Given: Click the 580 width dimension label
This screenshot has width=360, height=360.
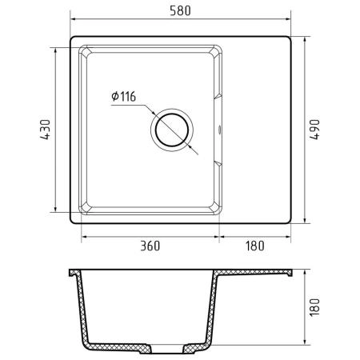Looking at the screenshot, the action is pos(180,10).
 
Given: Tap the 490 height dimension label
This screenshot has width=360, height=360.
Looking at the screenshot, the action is pos(314,130).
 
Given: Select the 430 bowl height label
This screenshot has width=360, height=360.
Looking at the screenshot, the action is pos(45,130).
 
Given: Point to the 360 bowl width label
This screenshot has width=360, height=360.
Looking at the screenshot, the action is pos(150,246).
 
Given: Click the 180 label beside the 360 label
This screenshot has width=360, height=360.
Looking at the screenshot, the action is pos(255,246).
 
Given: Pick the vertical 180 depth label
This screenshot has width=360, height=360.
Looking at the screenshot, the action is pos(314,307).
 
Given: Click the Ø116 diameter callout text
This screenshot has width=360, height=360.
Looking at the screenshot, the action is pos(123,96).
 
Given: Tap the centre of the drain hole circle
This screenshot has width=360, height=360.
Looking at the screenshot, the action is pos(172,130).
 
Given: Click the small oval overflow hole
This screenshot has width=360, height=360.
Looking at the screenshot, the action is pos(220,130).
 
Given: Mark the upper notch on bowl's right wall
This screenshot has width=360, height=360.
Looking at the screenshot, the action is pos(218,96).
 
